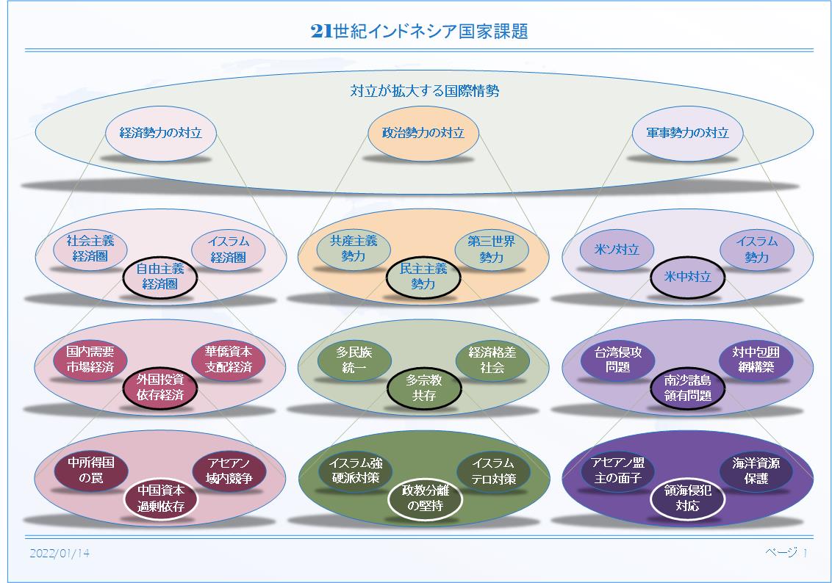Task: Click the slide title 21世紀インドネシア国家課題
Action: point(419,32)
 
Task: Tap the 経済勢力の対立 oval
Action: point(160,133)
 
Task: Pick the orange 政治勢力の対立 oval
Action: point(423,133)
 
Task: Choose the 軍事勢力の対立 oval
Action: point(687,133)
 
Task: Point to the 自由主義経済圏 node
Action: point(160,276)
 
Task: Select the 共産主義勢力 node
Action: point(353,249)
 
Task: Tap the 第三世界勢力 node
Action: point(492,249)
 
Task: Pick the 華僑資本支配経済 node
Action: point(228,359)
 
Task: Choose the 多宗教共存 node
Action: point(423,388)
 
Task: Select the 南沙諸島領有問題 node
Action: point(687,388)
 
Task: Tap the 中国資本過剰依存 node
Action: point(160,498)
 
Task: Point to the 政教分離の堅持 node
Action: point(423,498)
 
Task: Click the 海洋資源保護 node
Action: point(756,470)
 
